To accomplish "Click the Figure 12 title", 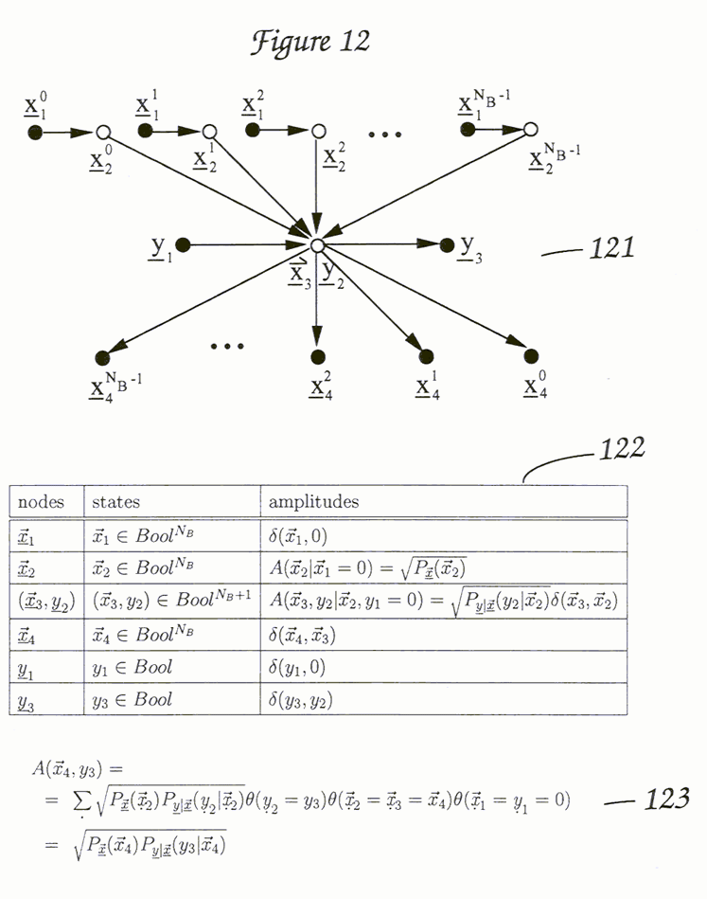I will (309, 43).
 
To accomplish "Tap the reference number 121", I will (610, 249).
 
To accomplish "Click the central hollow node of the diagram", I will (317, 245).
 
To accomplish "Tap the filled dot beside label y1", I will (183, 245).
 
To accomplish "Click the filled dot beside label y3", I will (448, 245).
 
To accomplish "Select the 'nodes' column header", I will (42, 501).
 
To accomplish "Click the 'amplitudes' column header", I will (313, 501).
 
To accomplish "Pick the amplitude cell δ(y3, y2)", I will (301, 701).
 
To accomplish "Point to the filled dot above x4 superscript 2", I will (317, 357).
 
